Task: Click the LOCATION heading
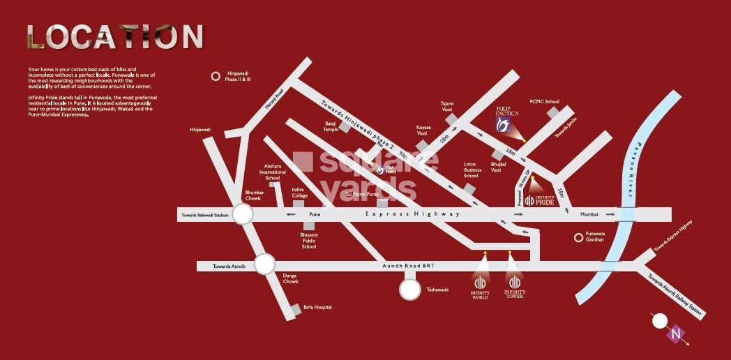(x=115, y=37)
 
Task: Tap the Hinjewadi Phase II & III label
(x=239, y=76)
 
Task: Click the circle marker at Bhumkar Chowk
(x=242, y=213)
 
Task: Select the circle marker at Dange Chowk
(x=265, y=264)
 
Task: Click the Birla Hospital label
(x=317, y=307)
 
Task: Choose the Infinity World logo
(x=480, y=285)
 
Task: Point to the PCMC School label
(x=544, y=102)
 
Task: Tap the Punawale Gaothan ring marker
(x=578, y=237)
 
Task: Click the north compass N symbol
(x=675, y=333)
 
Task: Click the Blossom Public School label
(x=309, y=241)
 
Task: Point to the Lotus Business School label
(x=473, y=170)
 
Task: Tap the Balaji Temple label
(x=330, y=126)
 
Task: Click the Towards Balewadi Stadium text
(x=203, y=216)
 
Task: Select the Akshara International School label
(x=272, y=172)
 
